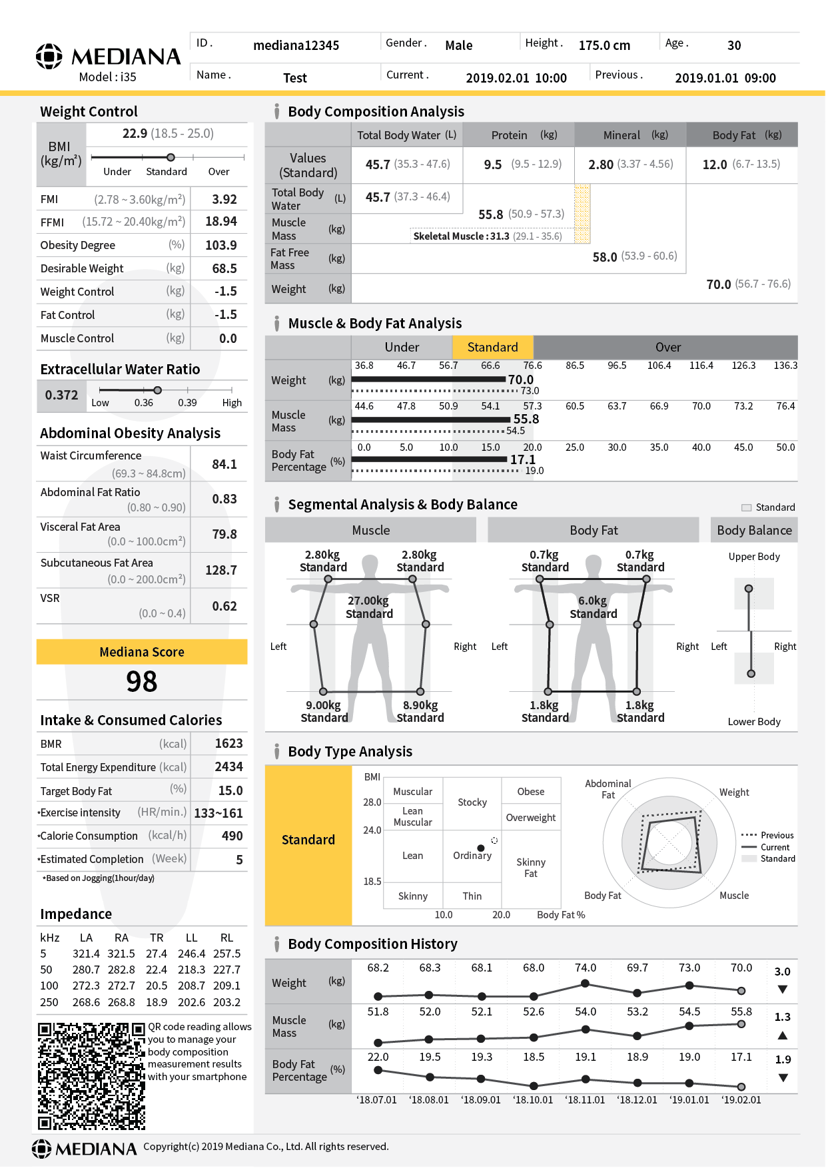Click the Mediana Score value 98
point(142,681)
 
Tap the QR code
point(91,1075)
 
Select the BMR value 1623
point(228,743)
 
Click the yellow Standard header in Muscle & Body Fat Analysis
point(492,347)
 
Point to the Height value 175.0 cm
point(604,45)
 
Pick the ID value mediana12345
point(296,45)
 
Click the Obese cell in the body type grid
point(530,791)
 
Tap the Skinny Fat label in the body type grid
point(530,867)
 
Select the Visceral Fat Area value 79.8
point(224,534)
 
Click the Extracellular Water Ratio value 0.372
point(61,395)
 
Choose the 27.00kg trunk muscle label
point(368,601)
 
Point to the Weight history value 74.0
point(586,968)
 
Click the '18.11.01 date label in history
point(586,1099)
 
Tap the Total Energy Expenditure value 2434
point(228,766)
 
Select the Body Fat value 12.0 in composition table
point(715,164)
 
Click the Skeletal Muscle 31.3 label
point(461,236)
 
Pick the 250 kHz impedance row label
point(49,1002)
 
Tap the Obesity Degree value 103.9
point(221,245)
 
